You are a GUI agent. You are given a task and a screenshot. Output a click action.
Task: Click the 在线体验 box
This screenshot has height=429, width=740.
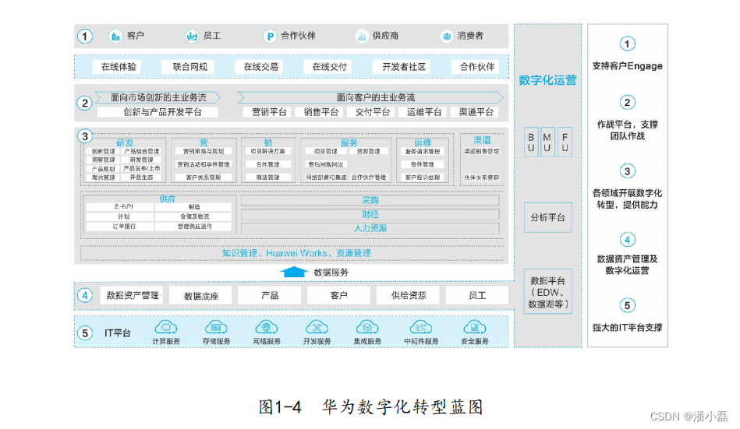coord(119,67)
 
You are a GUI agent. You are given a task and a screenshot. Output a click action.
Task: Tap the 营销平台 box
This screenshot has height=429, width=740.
coord(269,112)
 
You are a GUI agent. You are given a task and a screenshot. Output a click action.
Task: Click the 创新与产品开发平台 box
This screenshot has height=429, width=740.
coord(162,112)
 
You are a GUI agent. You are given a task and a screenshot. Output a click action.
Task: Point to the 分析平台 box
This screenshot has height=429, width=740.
coord(547,218)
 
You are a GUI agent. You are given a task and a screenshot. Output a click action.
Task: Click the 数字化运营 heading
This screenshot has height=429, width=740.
coord(547,80)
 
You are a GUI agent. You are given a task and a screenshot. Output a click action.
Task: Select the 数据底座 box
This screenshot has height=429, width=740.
coord(201,296)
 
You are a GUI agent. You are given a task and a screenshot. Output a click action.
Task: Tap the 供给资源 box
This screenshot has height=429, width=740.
coord(407,296)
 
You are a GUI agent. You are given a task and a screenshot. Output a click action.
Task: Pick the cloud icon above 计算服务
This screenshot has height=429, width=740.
coord(166,327)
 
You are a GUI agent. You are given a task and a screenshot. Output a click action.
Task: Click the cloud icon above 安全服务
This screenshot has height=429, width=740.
coord(475,327)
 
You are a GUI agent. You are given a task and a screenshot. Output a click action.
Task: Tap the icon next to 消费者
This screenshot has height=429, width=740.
coord(446,36)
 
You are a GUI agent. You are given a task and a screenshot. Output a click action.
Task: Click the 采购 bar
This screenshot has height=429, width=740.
coord(370,200)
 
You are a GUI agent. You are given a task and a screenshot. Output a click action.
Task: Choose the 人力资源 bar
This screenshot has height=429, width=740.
coord(370,228)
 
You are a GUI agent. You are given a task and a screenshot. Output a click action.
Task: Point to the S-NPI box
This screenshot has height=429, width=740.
coord(119,206)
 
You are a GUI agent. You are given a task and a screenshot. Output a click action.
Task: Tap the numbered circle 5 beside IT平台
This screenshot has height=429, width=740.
coord(85,332)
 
